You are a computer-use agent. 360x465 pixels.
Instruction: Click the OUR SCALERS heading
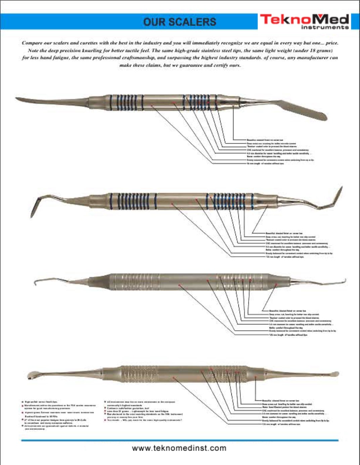180,22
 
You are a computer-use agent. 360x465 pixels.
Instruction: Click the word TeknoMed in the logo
304,19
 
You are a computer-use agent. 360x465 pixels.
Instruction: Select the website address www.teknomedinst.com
179,448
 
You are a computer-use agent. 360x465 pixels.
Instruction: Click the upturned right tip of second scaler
337,196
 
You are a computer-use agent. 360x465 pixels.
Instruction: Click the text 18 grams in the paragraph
322,50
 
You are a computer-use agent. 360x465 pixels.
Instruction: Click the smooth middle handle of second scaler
181,201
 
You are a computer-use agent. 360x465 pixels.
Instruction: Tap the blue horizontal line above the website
180,440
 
